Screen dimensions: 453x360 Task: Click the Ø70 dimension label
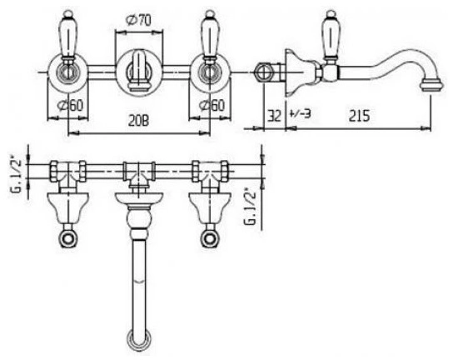pos(138,21)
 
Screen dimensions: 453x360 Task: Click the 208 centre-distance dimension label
pos(139,121)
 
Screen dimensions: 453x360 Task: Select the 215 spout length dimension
pos(359,116)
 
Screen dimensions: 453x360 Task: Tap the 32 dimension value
pos(274,116)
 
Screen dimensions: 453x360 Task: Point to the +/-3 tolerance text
pos(300,113)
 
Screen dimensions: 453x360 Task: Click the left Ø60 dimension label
pos(70,106)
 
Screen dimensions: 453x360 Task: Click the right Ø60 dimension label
pos(212,106)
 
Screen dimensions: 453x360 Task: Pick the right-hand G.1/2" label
pos(250,207)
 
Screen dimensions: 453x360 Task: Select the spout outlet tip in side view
pos(431,86)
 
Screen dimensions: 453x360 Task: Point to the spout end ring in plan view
pos(139,341)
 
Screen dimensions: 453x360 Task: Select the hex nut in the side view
pos(263,72)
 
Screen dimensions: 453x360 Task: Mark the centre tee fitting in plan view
pos(140,174)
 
